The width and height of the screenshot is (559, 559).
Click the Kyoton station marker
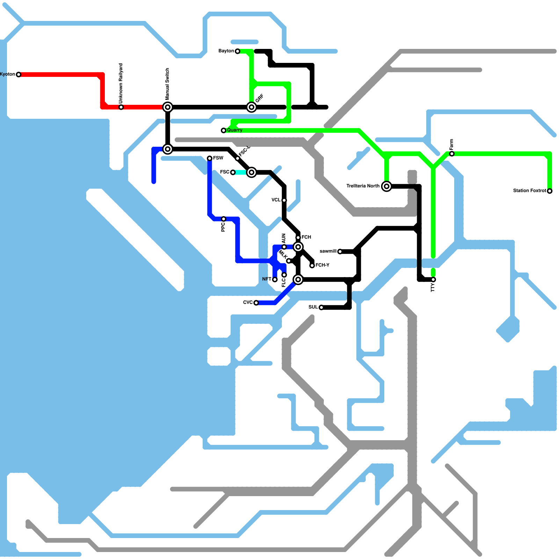[x=19, y=74]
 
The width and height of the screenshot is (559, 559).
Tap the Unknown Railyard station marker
[x=121, y=107]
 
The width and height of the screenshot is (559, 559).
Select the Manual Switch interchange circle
[x=168, y=107]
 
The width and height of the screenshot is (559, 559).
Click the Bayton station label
[x=226, y=51]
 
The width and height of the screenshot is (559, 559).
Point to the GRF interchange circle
[x=252, y=107]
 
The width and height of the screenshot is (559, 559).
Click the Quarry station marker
[x=224, y=130]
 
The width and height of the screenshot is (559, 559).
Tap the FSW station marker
[x=210, y=158]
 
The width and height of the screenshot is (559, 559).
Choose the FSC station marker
[x=233, y=172]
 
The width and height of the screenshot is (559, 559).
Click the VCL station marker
[x=284, y=200]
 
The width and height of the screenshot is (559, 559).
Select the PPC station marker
[x=224, y=219]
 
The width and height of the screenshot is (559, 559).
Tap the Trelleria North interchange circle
[x=386, y=186]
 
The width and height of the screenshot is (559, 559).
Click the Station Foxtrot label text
[x=529, y=191]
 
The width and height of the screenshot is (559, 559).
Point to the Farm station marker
[x=452, y=154]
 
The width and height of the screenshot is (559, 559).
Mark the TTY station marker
[x=433, y=279]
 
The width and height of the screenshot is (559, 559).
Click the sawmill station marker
[x=340, y=252]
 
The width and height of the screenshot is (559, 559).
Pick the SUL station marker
[x=321, y=307]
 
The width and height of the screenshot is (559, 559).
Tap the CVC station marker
[x=256, y=303]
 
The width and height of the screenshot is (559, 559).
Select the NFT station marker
[x=275, y=279]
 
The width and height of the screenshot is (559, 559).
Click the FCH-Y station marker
[x=312, y=266]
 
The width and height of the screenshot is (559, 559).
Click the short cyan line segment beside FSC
[x=241, y=172]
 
